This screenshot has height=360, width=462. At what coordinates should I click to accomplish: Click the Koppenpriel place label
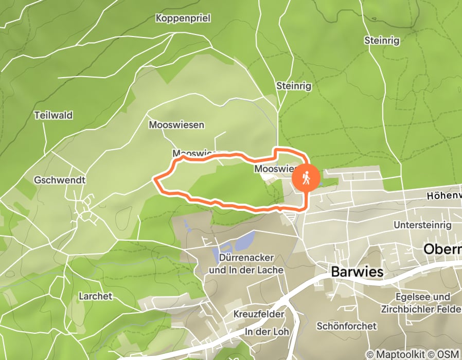pyautogui.click(x=183, y=19)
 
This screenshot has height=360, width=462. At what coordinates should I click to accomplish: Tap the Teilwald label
pyautogui.click(x=54, y=115)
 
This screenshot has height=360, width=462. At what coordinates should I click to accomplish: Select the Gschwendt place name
pyautogui.click(x=59, y=181)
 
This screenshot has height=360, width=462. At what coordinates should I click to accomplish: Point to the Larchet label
pyautogui.click(x=95, y=296)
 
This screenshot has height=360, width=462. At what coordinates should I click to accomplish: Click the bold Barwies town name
pyautogui.click(x=358, y=272)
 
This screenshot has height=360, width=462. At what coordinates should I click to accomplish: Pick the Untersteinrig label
pyautogui.click(x=422, y=225)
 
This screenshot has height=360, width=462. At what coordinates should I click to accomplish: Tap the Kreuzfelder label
pyautogui.click(x=259, y=314)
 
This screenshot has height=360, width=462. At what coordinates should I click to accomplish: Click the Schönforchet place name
pyautogui.click(x=347, y=326)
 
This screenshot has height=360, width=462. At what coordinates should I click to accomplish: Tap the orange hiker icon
pyautogui.click(x=307, y=178)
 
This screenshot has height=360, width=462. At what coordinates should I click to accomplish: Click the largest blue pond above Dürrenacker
pyautogui.click(x=242, y=241)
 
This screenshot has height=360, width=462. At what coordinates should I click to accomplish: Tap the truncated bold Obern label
pyautogui.click(x=442, y=249)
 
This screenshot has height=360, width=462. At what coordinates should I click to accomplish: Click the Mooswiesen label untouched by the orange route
pyautogui.click(x=176, y=125)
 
